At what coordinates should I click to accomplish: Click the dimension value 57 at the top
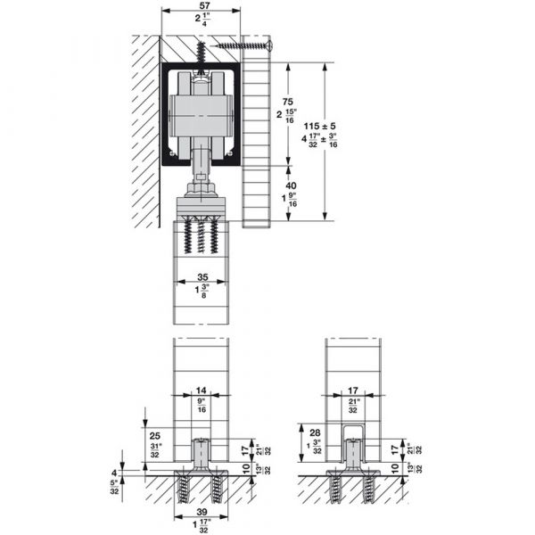201,5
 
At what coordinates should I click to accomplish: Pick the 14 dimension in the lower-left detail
201,390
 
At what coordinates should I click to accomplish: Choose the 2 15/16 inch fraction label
288,119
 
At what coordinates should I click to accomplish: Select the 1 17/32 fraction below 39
201,527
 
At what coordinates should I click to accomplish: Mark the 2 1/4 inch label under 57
201,21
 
